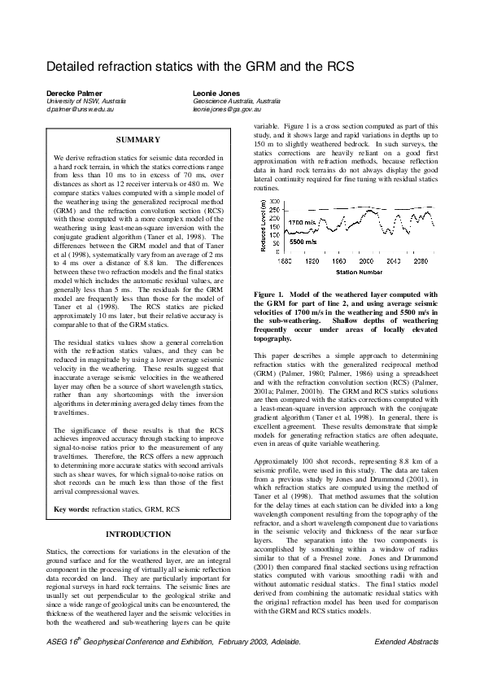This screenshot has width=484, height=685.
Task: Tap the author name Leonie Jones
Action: pyautogui.click(x=216, y=93)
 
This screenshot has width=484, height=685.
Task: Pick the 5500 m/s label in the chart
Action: pyautogui.click(x=303, y=241)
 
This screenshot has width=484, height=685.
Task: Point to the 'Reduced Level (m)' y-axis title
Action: pyautogui.click(x=264, y=226)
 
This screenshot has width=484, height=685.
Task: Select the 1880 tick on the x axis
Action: pyautogui.click(x=286, y=261)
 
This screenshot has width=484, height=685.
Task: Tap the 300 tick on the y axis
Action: pyautogui.click(x=275, y=201)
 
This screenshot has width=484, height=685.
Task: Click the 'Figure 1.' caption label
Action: pyautogui.click(x=271, y=293)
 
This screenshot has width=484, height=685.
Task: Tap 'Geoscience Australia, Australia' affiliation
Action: pyautogui.click(x=236, y=100)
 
